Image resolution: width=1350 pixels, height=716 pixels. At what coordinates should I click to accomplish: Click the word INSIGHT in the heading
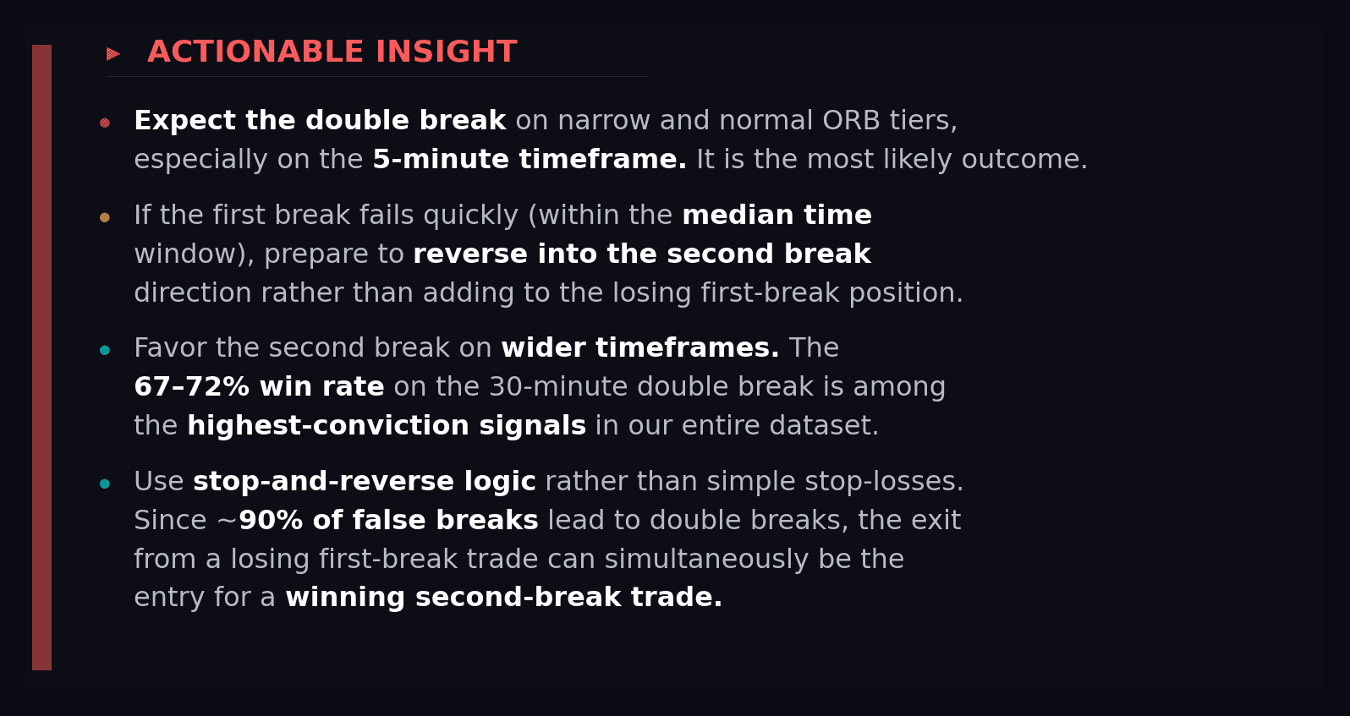click(x=447, y=52)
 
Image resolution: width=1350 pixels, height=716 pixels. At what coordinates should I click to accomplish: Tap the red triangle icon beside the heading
click(x=112, y=54)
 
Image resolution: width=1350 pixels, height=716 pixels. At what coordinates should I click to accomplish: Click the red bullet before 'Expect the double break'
click(x=105, y=123)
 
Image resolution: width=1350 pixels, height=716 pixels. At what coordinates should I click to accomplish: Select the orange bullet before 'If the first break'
click(x=105, y=217)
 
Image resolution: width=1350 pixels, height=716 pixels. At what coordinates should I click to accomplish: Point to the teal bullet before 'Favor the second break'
click(x=105, y=350)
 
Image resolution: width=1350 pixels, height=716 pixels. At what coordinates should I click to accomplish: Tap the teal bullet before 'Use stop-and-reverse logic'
click(x=105, y=484)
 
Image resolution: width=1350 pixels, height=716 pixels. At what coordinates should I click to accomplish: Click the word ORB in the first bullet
click(x=851, y=120)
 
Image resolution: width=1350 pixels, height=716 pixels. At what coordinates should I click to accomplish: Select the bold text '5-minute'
click(x=441, y=160)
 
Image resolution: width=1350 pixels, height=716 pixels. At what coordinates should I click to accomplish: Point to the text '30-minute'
click(x=558, y=386)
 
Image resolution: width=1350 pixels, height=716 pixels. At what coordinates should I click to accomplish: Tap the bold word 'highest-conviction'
click(x=328, y=426)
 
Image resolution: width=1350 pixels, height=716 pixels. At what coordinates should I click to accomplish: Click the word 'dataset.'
click(x=824, y=426)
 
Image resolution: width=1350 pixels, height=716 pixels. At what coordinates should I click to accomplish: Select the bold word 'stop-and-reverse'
click(x=324, y=481)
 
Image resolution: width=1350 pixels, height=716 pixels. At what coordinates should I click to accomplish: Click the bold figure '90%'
click(x=271, y=520)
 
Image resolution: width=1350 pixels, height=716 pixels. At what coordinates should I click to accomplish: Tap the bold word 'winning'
click(x=345, y=598)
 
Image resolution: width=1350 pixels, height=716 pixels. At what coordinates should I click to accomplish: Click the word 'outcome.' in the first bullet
click(x=1024, y=160)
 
